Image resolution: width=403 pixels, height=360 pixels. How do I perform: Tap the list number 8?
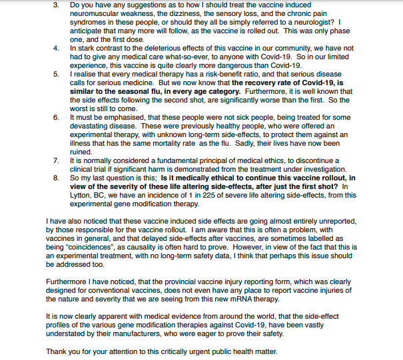(56, 178)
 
